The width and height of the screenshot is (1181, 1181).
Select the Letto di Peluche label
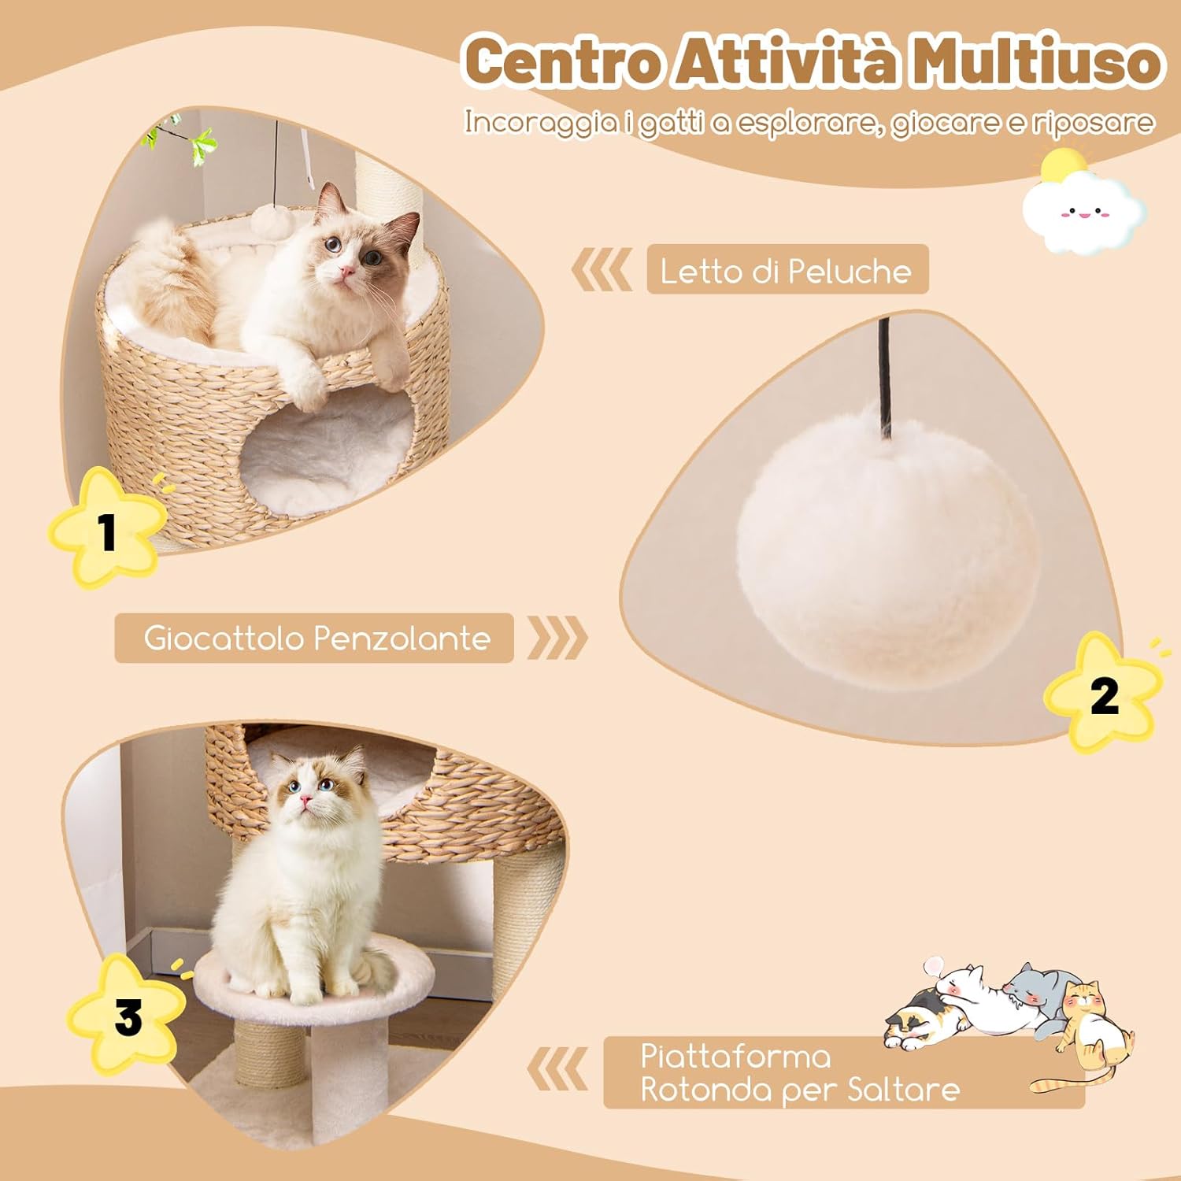pyautogui.click(x=787, y=270)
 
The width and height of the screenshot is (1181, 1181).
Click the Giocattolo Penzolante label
pyautogui.click(x=315, y=638)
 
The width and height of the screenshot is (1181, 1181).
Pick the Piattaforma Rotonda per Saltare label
pyautogui.click(x=799, y=1073)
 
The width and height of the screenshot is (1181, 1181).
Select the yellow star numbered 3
pyautogui.click(x=127, y=1016)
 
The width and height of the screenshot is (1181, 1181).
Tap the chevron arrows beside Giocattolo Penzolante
pyautogui.click(x=557, y=638)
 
